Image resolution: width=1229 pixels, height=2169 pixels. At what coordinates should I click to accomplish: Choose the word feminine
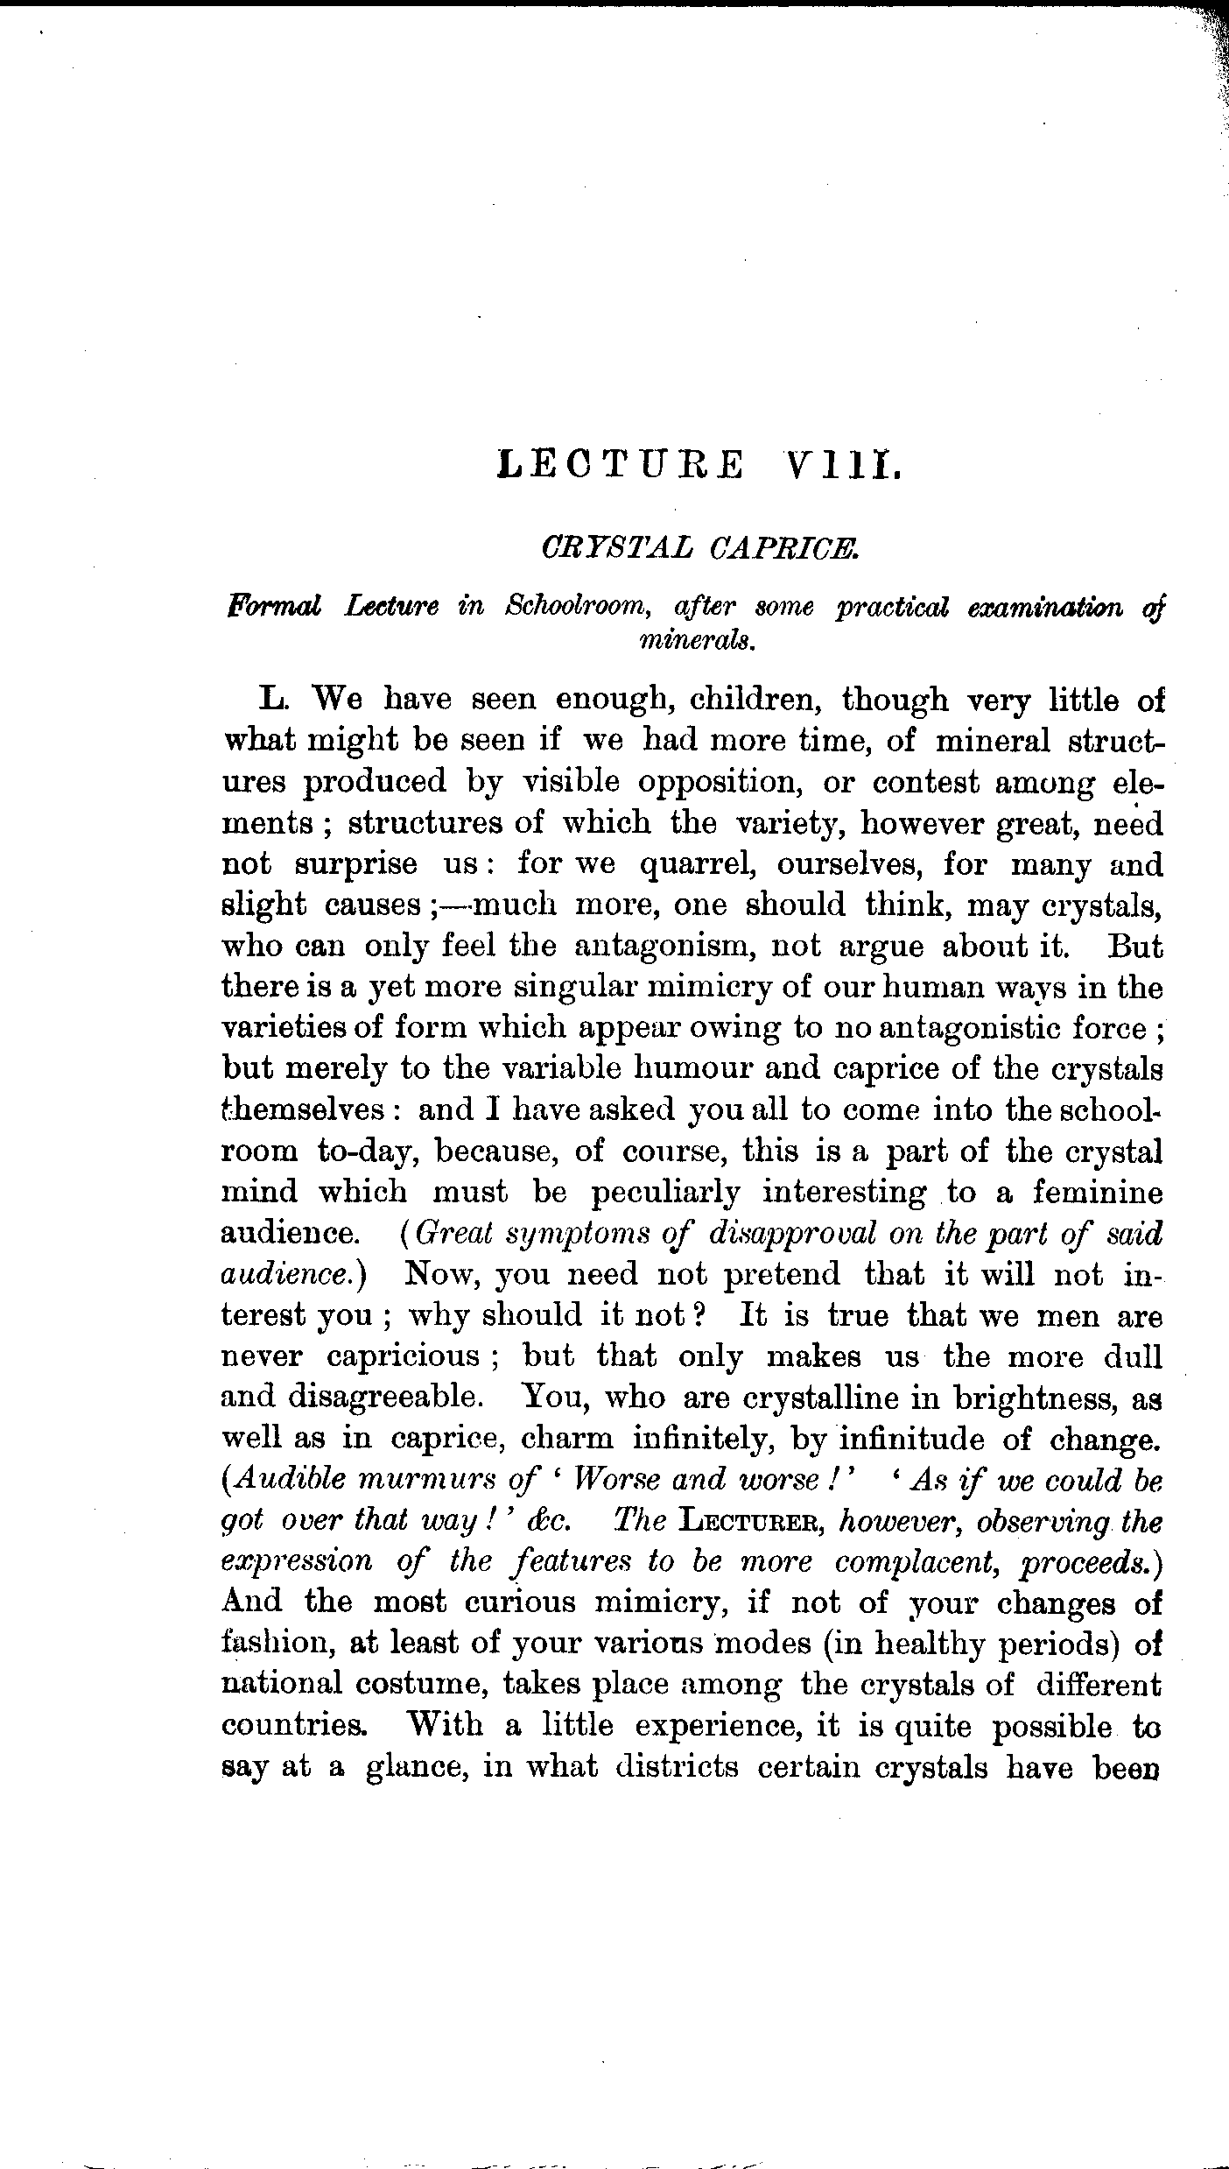1098,1192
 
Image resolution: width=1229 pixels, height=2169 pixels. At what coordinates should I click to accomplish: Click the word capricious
404,1356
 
